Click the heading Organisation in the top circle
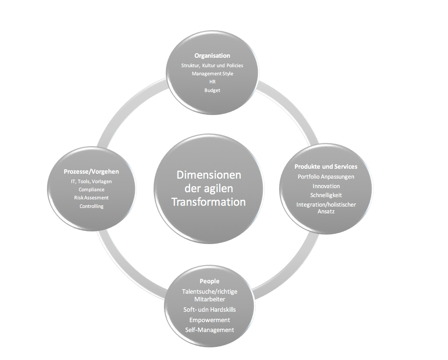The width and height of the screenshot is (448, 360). pos(212,55)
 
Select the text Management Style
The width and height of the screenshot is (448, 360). pos(212,74)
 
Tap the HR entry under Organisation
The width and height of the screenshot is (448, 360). pos(212,82)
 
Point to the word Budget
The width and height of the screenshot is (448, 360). pos(212,90)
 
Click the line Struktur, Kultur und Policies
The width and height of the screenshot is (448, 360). pos(212,65)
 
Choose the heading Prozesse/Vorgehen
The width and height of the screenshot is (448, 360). pos(91,171)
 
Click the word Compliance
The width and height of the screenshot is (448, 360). pos(91,189)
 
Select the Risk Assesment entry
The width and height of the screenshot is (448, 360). pos(91,198)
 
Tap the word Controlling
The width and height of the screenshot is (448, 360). pos(91,206)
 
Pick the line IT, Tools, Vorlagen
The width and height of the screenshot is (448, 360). pos(91,181)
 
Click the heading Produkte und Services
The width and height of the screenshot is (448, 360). pos(326,166)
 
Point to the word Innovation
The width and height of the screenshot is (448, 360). pos(326,186)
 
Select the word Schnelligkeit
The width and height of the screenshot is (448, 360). pos(326,195)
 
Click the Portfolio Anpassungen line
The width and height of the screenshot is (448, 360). pos(326,177)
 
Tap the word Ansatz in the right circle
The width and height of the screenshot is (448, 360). pos(326,212)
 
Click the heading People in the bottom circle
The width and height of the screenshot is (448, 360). pos(210,281)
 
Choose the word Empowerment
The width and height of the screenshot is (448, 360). pos(210,320)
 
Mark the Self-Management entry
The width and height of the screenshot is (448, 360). pos(210,330)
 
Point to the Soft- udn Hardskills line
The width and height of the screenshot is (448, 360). pos(210,309)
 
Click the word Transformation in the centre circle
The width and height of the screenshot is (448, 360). pos(209,202)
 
